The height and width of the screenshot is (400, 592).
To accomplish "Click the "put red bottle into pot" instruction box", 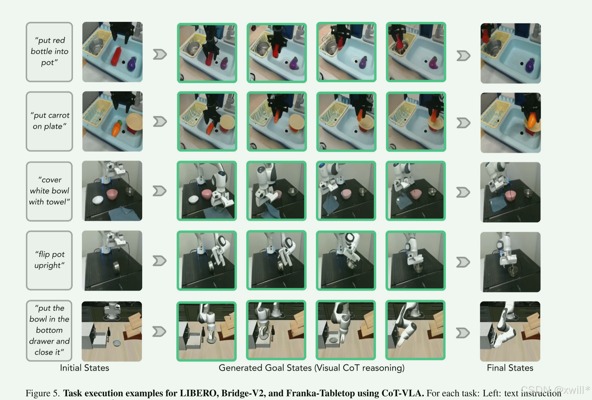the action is click(49, 52).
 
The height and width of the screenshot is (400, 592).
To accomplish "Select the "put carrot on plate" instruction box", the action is click(49, 121).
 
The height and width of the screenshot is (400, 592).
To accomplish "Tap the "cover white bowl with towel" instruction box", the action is click(49, 191).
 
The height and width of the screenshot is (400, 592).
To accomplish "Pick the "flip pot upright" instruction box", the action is click(49, 260).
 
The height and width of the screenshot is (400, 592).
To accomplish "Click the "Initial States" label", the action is click(85, 368).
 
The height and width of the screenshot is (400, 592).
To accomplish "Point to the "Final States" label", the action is click(510, 368).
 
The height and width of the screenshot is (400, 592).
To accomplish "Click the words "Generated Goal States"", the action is click(265, 368).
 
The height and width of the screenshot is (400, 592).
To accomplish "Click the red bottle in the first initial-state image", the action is click(116, 56).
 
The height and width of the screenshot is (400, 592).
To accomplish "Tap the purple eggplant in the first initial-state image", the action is click(132, 64).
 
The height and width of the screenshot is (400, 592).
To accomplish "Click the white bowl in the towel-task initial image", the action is click(98, 200).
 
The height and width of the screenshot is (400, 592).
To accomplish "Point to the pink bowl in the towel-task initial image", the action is click(112, 194).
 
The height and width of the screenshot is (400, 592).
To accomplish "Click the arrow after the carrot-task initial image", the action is click(160, 122).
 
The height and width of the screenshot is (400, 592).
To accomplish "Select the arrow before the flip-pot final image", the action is click(463, 262).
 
